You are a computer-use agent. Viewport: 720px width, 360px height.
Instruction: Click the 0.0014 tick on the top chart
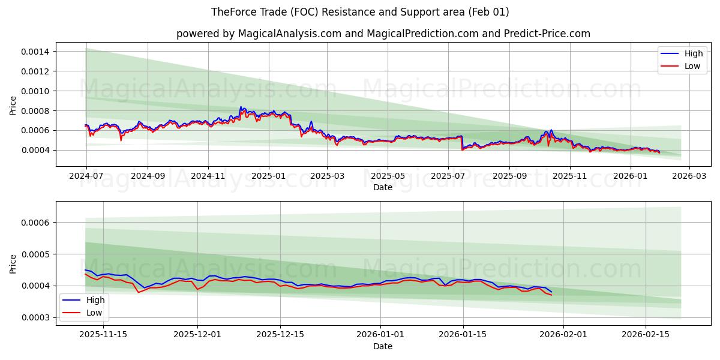(36, 52)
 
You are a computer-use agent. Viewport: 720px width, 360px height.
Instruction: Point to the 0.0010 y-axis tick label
(36, 91)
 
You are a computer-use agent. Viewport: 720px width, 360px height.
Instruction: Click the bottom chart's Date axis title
(383, 346)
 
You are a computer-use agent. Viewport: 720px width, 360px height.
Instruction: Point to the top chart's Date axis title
(383, 187)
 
